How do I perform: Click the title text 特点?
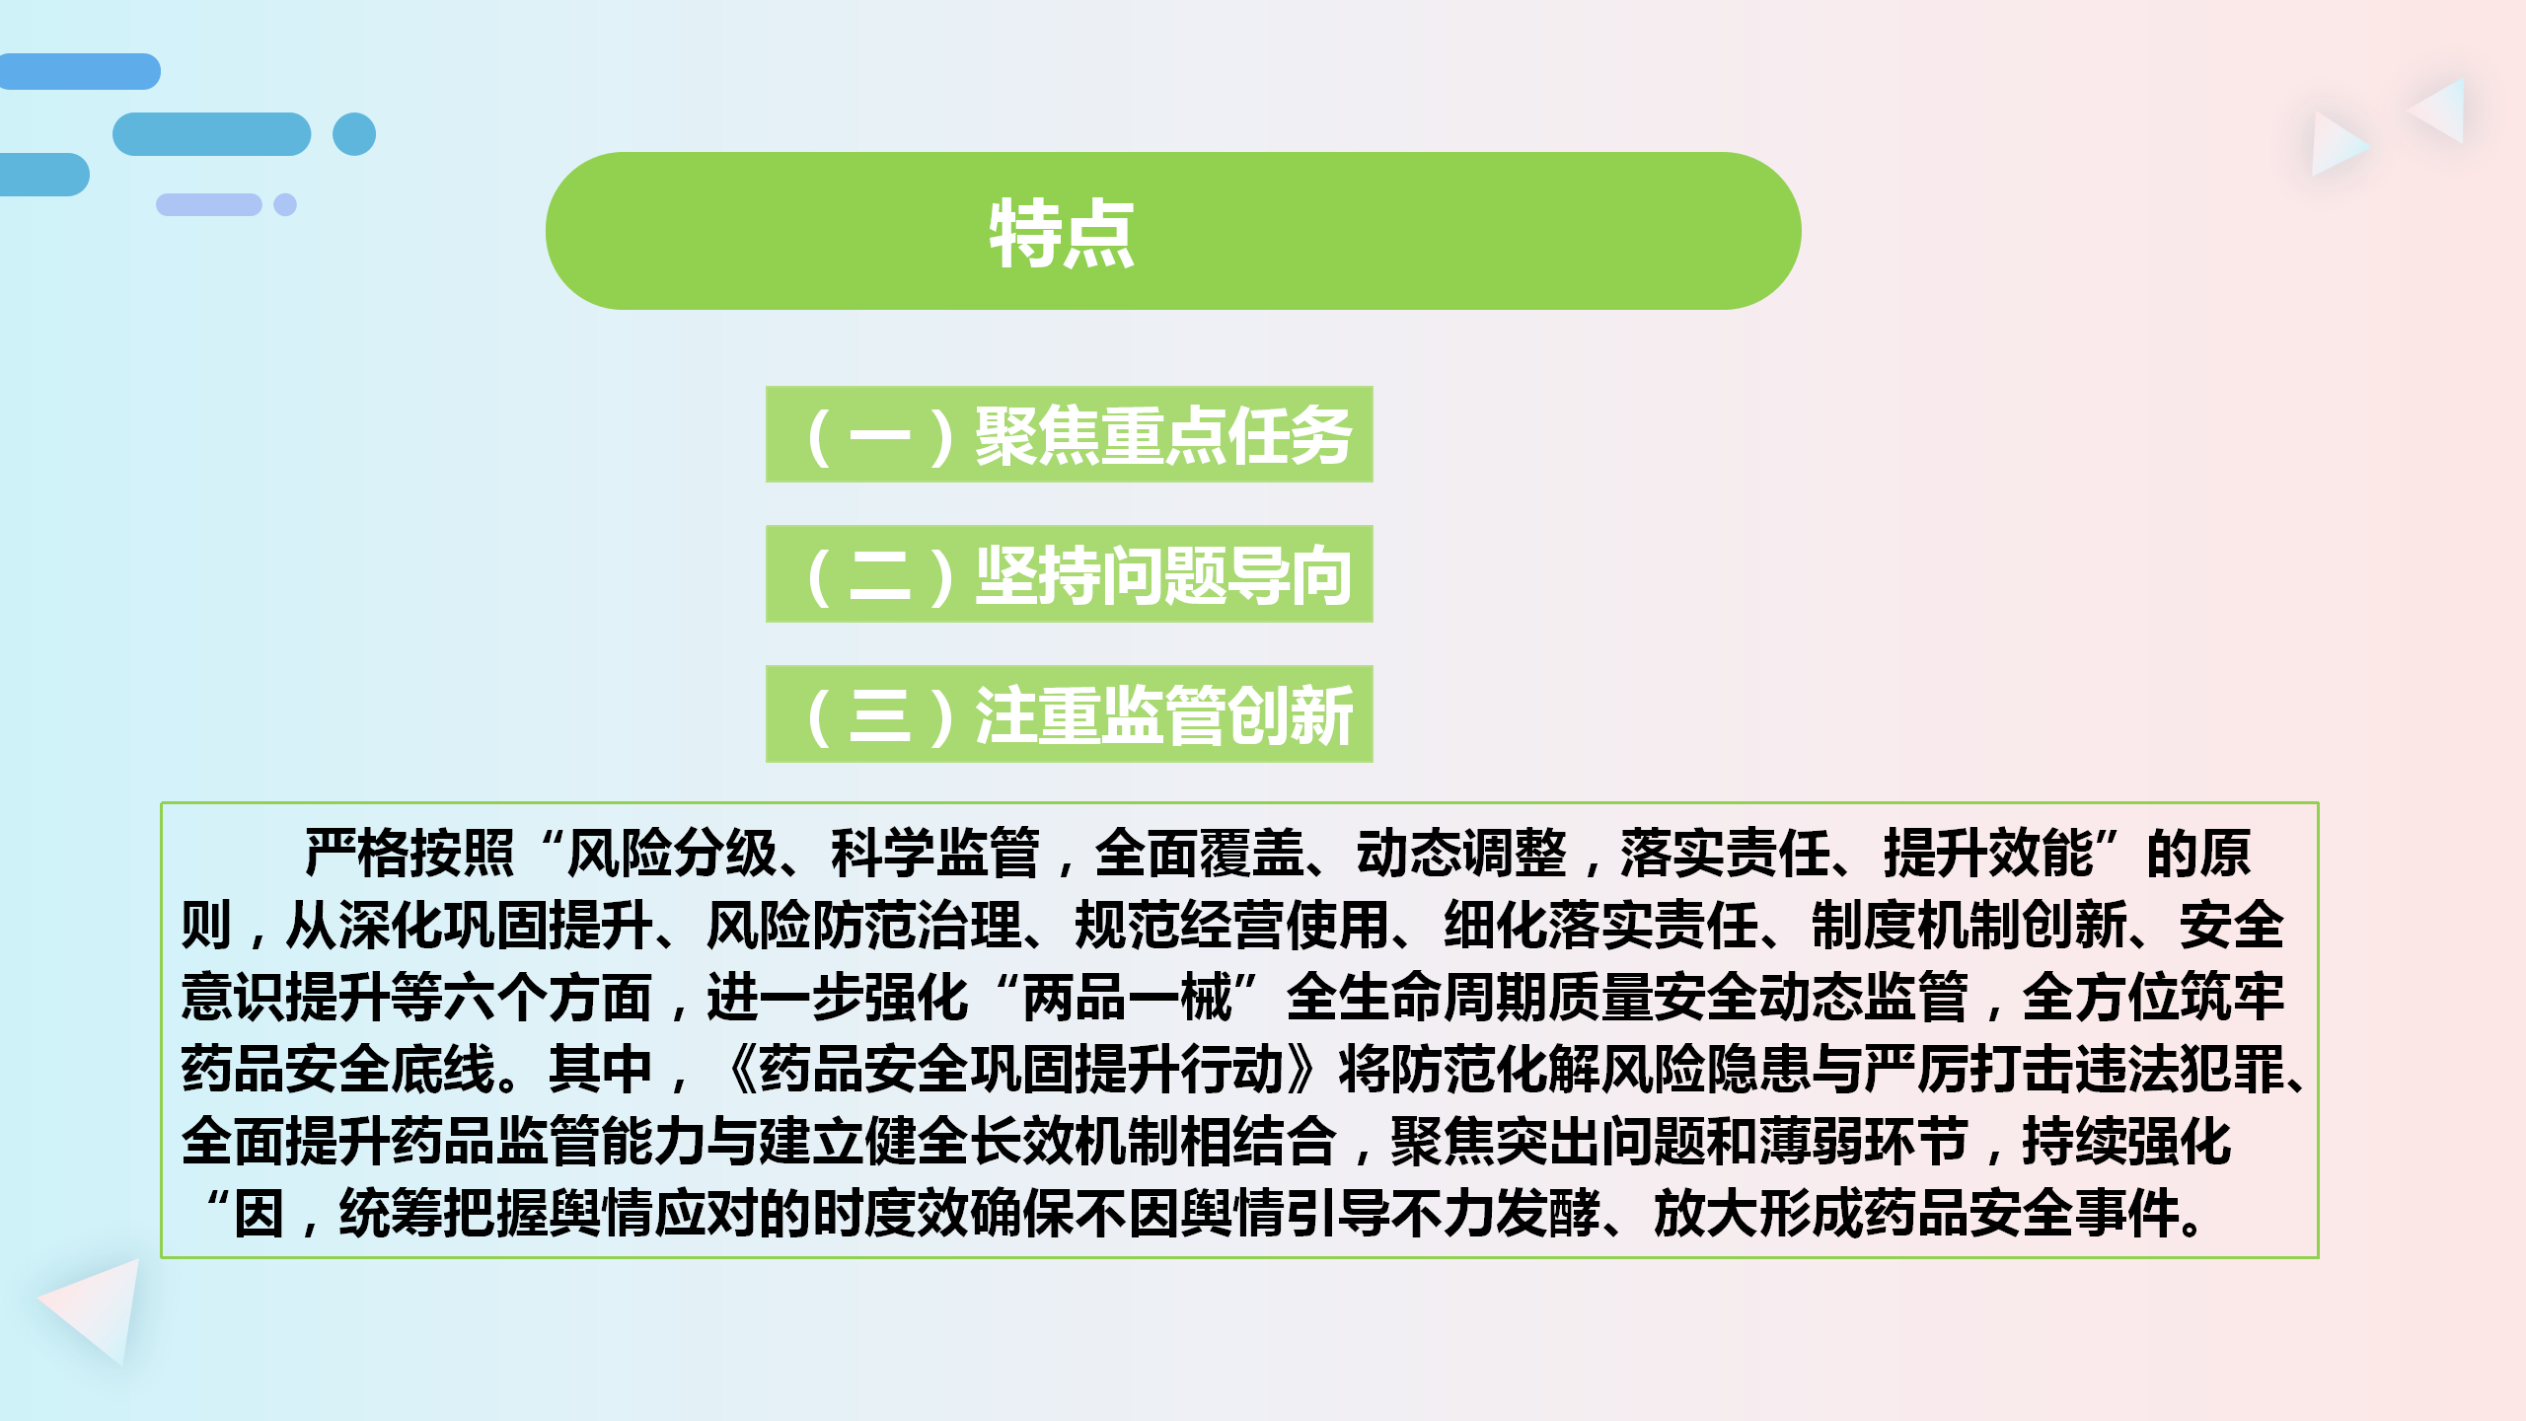[x=1062, y=233]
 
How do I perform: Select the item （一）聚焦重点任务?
[x=1070, y=434]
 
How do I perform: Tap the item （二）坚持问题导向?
[x=1070, y=574]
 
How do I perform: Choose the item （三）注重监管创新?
[x=1070, y=713]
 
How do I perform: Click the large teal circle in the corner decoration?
[x=354, y=134]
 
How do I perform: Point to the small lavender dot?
[x=285, y=204]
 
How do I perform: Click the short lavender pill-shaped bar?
[x=209, y=204]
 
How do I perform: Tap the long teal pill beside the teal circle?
[x=212, y=134]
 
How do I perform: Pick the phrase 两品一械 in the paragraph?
[x=1128, y=997]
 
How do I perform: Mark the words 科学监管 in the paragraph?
[x=935, y=853]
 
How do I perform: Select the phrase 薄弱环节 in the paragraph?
[x=1864, y=1141]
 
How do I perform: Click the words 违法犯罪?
[x=2181, y=1069]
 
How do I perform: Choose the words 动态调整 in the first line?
[x=1461, y=853]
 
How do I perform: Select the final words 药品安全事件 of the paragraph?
[x=2023, y=1213]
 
